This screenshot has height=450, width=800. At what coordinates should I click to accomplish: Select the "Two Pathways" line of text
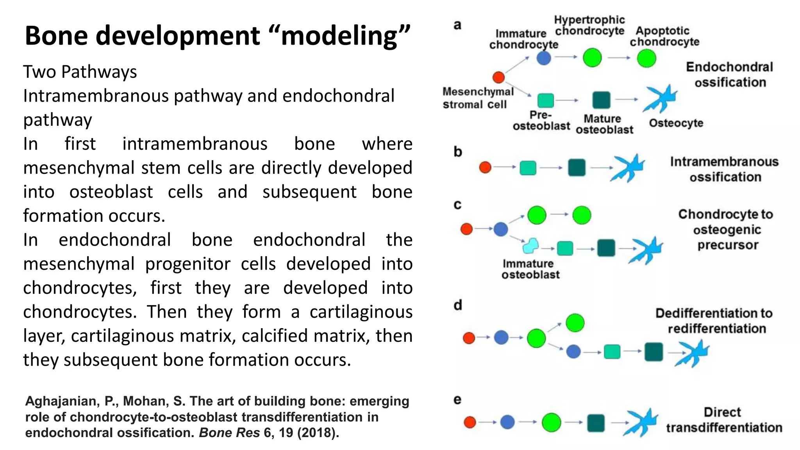tap(80, 72)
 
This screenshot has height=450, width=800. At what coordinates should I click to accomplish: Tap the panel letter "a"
tap(457, 25)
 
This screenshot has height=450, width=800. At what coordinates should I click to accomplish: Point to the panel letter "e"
tap(457, 400)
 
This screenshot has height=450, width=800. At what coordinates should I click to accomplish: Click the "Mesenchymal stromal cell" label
tap(477, 98)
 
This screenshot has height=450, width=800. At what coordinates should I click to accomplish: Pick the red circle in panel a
tap(498, 77)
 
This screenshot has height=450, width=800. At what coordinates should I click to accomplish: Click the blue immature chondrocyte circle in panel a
tap(543, 58)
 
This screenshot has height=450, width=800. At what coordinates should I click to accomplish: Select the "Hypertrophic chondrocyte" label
tap(589, 25)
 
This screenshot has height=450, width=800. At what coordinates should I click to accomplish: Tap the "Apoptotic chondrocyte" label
tap(664, 36)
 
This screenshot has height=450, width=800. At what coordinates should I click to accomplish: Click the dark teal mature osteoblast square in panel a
tap(601, 100)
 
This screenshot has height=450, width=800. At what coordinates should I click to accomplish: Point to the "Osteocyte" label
tap(676, 123)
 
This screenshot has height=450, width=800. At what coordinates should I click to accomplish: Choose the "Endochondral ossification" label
tap(730, 75)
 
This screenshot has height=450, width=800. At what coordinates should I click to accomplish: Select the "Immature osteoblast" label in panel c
tap(530, 269)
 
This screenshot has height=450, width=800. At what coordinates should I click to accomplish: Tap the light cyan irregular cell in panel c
tap(530, 246)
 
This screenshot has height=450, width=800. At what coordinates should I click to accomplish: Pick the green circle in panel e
tap(551, 422)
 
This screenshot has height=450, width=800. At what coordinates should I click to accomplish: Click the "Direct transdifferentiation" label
tap(724, 420)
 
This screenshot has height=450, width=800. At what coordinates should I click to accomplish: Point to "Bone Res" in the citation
tap(229, 433)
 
